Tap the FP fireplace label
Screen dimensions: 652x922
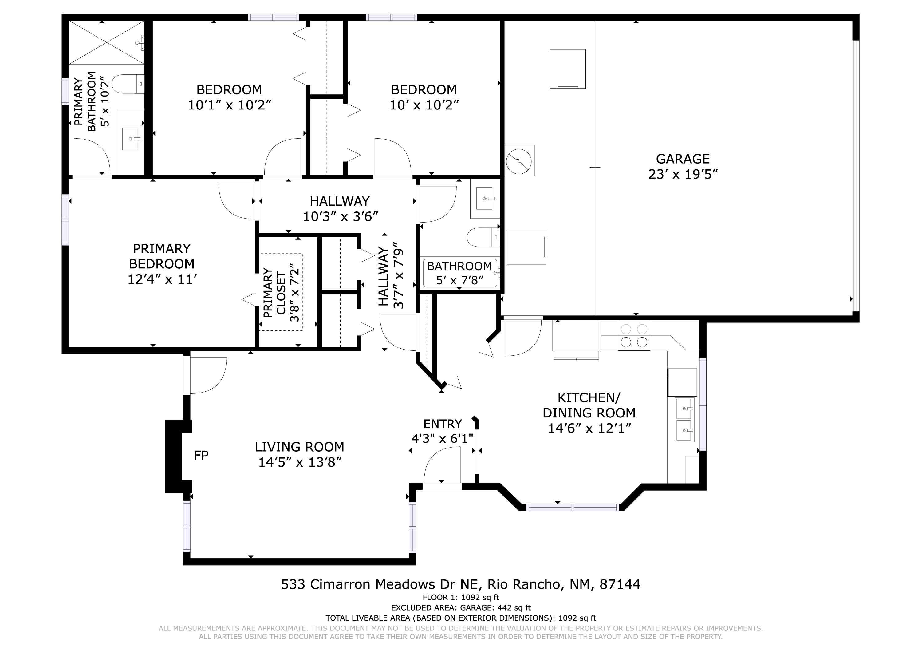[201, 455]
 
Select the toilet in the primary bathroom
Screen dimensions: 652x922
[128, 84]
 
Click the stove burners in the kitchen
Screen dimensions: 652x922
[634, 335]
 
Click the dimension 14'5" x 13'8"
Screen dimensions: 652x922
[300, 462]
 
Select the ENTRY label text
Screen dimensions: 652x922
[443, 424]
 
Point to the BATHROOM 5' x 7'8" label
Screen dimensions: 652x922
[459, 273]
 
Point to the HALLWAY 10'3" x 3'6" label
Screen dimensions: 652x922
[340, 208]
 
